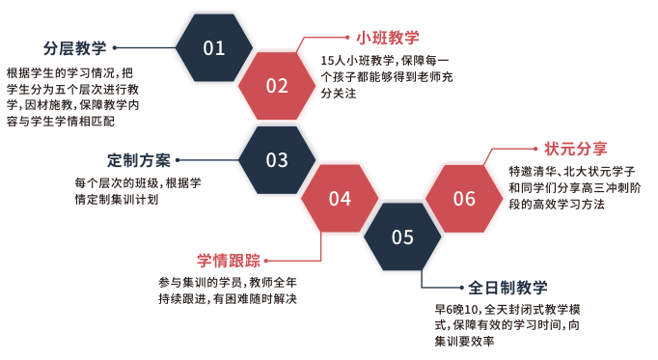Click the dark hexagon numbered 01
click(x=214, y=48)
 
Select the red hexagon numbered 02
click(x=277, y=86)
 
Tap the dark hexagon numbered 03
click(x=277, y=160)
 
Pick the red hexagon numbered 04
click(x=340, y=199)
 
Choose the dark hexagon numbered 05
click(x=402, y=236)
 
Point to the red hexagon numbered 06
click(x=464, y=199)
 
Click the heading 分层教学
click(x=74, y=47)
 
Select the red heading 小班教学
click(x=387, y=38)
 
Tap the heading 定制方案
click(x=138, y=160)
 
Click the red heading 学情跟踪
click(x=229, y=260)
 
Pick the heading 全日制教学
click(x=508, y=287)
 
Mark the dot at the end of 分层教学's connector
click(x=116, y=47)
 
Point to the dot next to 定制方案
click(x=178, y=160)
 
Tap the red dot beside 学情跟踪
click(x=267, y=260)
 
